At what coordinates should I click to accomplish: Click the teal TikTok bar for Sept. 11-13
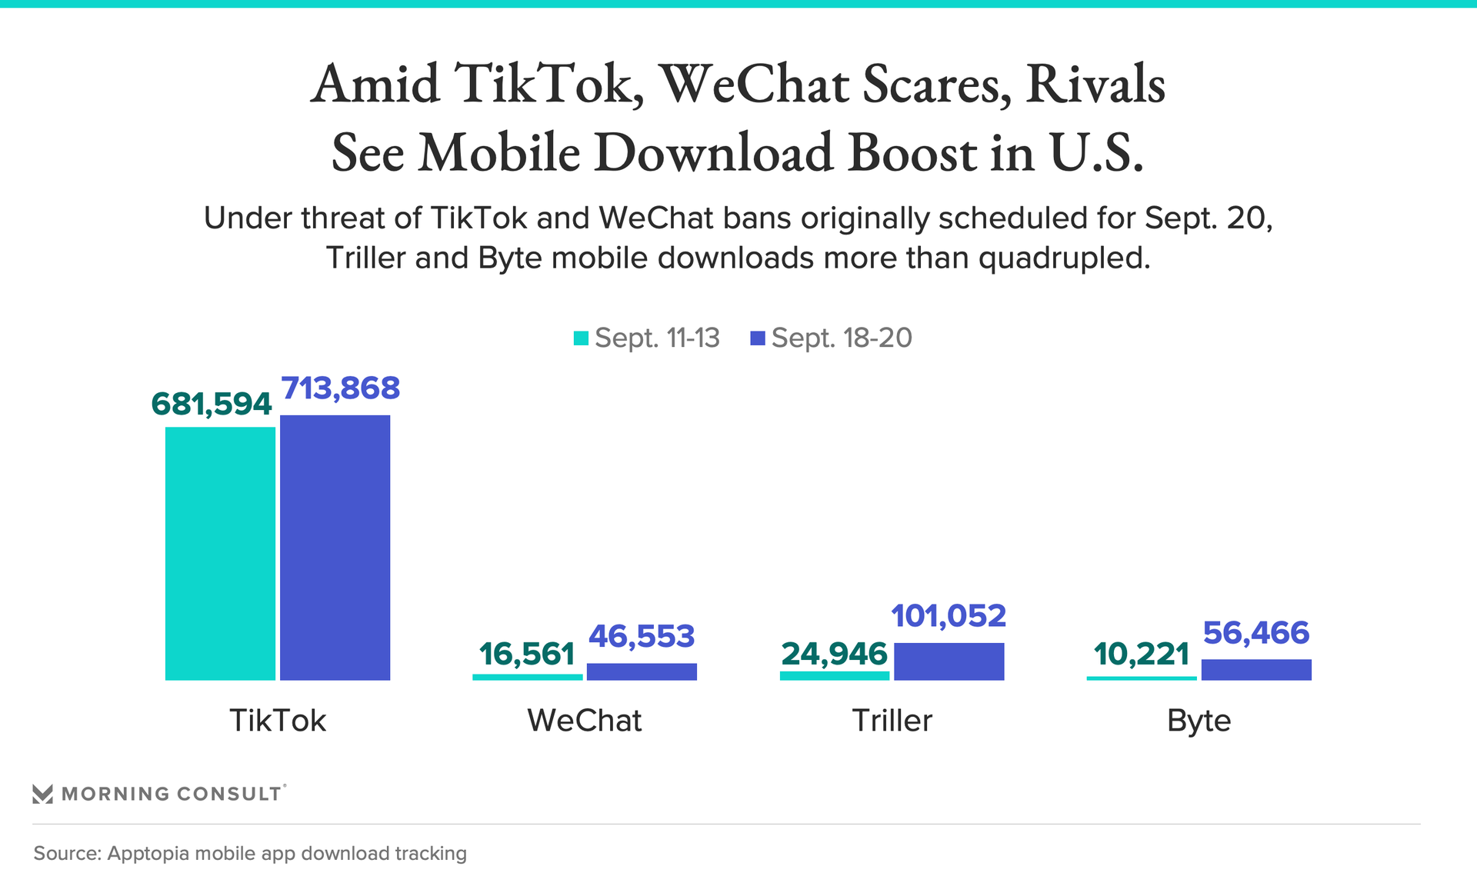tap(220, 553)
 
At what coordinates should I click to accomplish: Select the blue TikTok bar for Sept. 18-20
tap(335, 547)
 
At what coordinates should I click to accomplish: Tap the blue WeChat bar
tap(642, 671)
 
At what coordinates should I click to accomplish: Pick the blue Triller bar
tap(949, 661)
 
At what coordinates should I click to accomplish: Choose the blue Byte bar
tap(1256, 669)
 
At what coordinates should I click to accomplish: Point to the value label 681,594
tap(212, 404)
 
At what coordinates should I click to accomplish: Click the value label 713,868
tap(341, 388)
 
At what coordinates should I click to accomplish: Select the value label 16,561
tap(527, 654)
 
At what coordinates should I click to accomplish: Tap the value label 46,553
tap(642, 636)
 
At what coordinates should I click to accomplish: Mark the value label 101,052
tap(949, 616)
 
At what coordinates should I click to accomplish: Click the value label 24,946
tap(835, 654)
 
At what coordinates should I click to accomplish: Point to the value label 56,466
tap(1256, 633)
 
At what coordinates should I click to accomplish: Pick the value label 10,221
tap(1142, 654)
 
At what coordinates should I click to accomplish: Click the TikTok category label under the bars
tap(278, 721)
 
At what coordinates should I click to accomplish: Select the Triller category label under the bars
tap(892, 721)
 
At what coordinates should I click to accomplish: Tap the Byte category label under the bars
tap(1199, 721)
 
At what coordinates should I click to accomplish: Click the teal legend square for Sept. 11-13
tap(582, 338)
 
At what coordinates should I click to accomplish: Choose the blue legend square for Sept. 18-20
tap(758, 338)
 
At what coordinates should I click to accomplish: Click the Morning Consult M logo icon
tap(43, 794)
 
